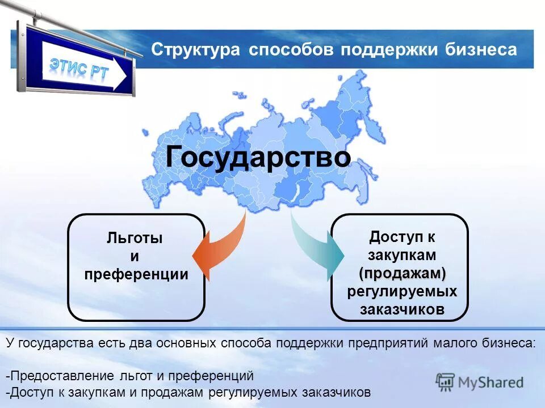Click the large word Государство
(258, 156)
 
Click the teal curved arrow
(318, 249)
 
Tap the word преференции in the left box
(136, 275)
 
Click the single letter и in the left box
(135, 257)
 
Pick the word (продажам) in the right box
(402, 273)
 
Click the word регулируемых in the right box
(402, 291)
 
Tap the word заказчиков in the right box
(402, 309)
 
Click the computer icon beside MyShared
(446, 382)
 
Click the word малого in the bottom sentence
(459, 343)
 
